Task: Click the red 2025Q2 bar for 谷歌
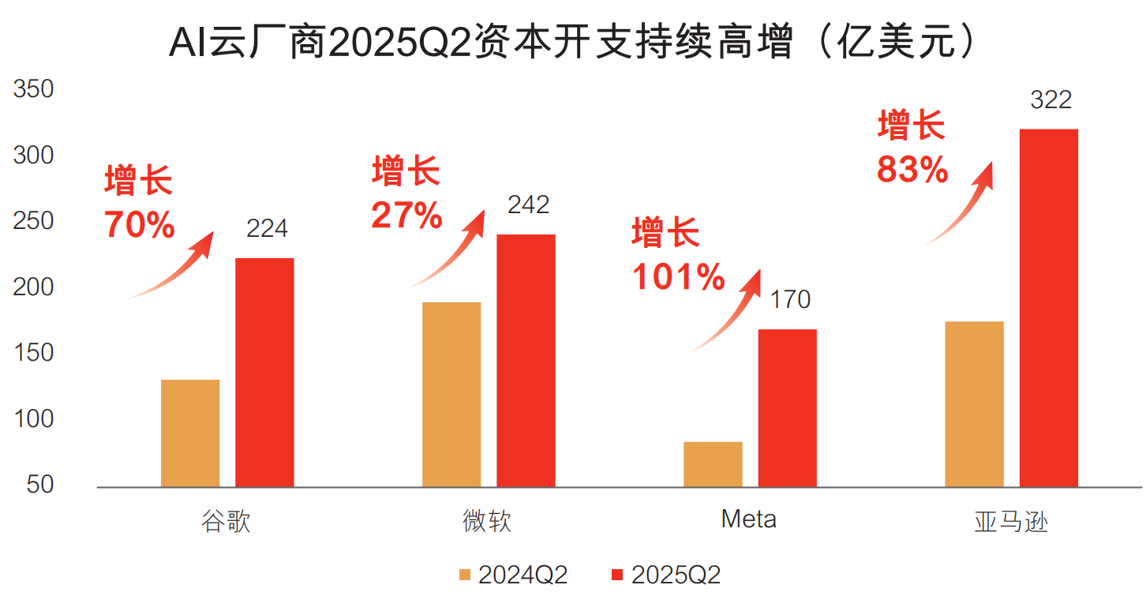click(264, 373)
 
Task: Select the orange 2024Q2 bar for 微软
click(451, 395)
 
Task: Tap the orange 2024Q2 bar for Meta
click(713, 464)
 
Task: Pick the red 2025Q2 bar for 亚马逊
click(1049, 308)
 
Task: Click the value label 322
click(1050, 99)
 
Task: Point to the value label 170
click(790, 300)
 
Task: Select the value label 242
click(529, 205)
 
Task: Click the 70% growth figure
click(140, 225)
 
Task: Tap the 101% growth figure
click(679, 277)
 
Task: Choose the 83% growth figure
click(912, 170)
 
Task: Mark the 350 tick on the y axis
click(33, 89)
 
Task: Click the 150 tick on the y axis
click(33, 353)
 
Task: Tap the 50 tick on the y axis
click(40, 485)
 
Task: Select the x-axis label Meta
click(748, 519)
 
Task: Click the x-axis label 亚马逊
click(1012, 522)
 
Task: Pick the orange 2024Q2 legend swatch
click(465, 575)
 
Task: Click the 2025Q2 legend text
click(676, 575)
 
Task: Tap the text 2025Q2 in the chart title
click(399, 42)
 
